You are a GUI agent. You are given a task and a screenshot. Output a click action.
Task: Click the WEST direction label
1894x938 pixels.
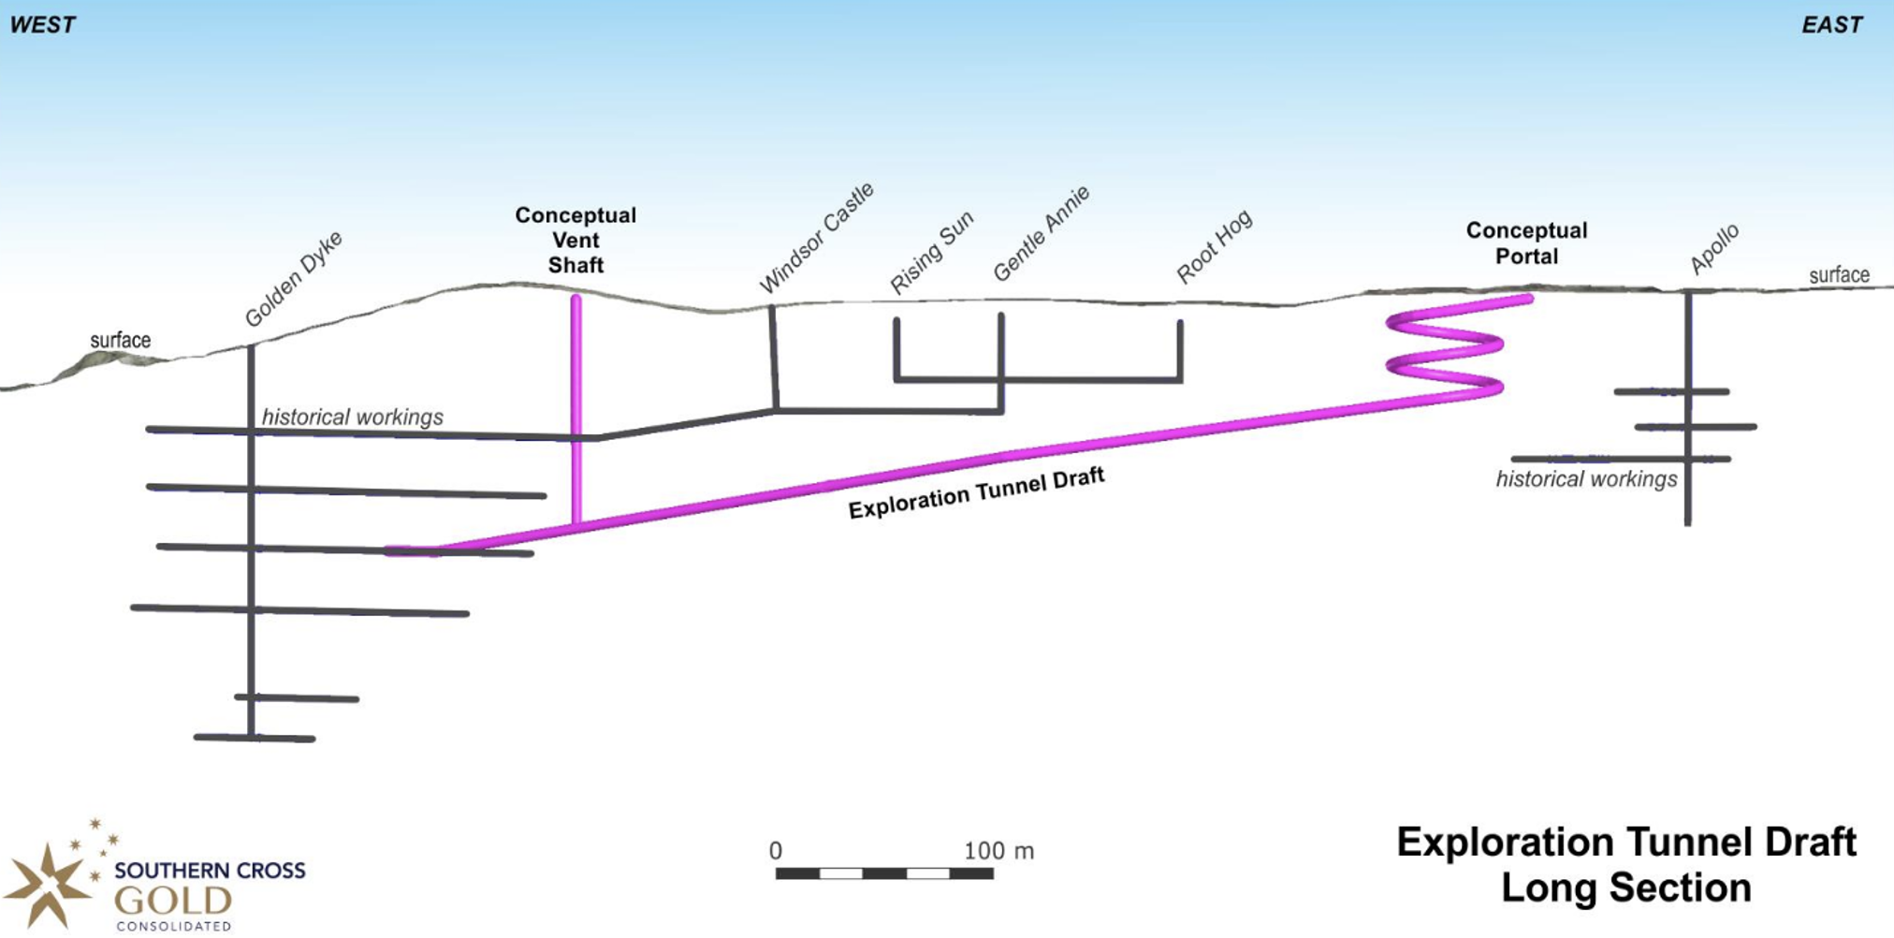click(x=42, y=25)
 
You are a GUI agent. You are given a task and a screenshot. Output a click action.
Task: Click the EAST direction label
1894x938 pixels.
click(x=1831, y=25)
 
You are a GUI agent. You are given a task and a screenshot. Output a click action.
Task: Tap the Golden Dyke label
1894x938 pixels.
click(x=294, y=278)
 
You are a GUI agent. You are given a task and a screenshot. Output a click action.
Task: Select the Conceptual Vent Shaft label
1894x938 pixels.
click(x=575, y=241)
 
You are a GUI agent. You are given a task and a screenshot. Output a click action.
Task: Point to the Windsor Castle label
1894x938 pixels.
click(x=816, y=238)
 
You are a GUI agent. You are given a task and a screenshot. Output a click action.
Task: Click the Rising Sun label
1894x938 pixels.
click(x=931, y=252)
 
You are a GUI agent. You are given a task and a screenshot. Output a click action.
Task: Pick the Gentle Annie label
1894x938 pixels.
click(x=1041, y=233)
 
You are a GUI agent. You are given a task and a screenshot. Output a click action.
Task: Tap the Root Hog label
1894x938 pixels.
click(x=1214, y=246)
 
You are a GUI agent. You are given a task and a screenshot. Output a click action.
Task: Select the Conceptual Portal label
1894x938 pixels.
click(x=1526, y=243)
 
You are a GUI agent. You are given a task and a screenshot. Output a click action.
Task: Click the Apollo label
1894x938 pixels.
click(x=1713, y=248)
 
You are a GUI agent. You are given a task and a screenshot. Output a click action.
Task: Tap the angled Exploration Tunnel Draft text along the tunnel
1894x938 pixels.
click(x=976, y=493)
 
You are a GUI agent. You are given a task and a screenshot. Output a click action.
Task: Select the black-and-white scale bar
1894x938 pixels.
click(x=884, y=873)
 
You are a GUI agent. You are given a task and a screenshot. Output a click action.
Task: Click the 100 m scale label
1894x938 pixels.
click(x=998, y=851)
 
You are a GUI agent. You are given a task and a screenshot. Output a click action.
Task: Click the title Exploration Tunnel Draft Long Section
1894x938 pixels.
click(x=1626, y=864)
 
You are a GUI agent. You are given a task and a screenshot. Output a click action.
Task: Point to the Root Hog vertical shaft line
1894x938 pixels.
click(x=1180, y=350)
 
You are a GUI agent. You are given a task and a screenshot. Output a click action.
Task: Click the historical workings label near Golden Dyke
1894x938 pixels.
click(x=352, y=417)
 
